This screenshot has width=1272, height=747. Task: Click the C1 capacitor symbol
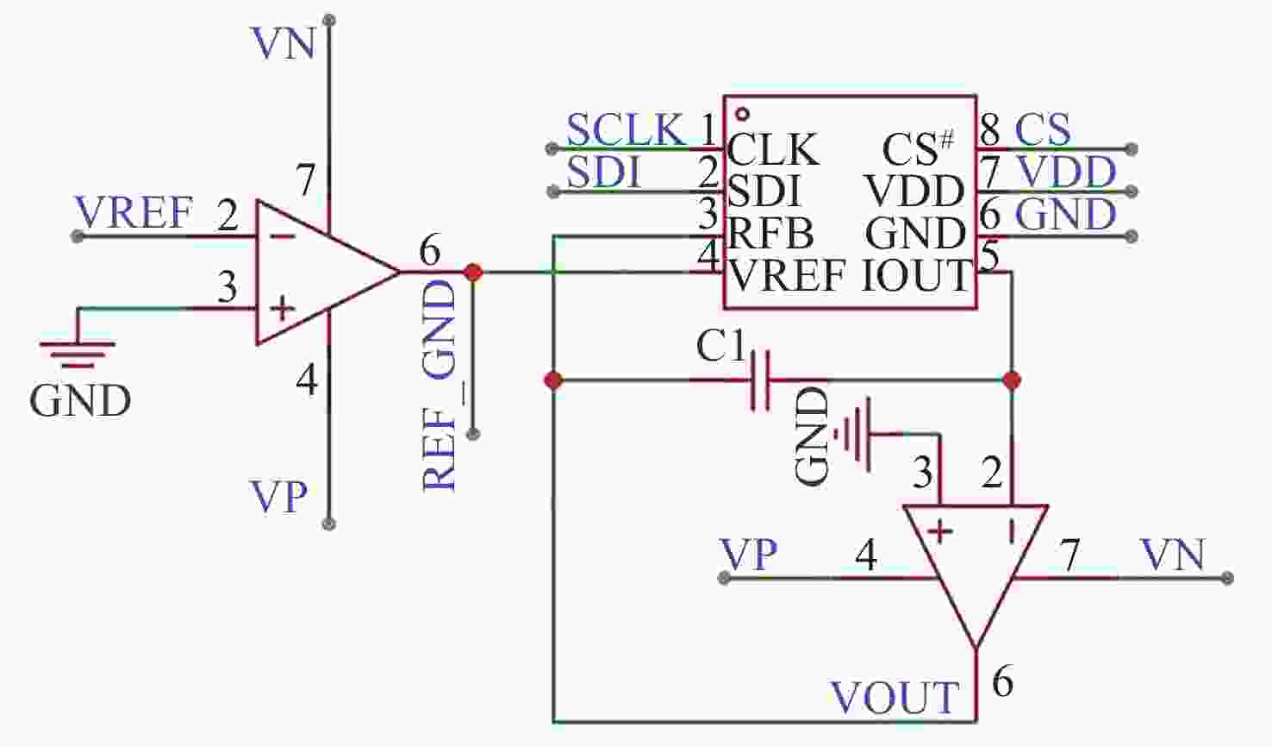(x=760, y=380)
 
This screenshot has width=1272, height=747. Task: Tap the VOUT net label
(x=895, y=697)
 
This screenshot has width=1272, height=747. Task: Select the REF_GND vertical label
(x=439, y=386)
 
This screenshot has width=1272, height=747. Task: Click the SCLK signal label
(x=625, y=129)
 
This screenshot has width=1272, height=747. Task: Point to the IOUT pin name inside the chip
(x=915, y=275)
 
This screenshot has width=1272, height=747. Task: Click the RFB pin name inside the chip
(x=770, y=233)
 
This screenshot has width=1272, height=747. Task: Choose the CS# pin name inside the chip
(x=918, y=148)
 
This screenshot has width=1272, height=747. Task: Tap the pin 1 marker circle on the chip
(x=742, y=114)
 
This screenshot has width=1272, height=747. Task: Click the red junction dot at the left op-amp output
(x=472, y=273)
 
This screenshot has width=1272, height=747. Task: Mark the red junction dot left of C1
(x=553, y=380)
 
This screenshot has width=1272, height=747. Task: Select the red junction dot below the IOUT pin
(x=1012, y=380)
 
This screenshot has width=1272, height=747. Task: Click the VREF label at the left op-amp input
(x=134, y=212)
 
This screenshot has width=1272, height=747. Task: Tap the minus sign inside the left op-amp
(x=282, y=236)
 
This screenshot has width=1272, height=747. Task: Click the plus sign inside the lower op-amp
(x=940, y=532)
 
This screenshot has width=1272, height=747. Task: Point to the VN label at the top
(x=284, y=43)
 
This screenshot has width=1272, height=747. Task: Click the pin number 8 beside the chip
(x=990, y=129)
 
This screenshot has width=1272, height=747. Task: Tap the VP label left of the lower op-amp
(x=748, y=555)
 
